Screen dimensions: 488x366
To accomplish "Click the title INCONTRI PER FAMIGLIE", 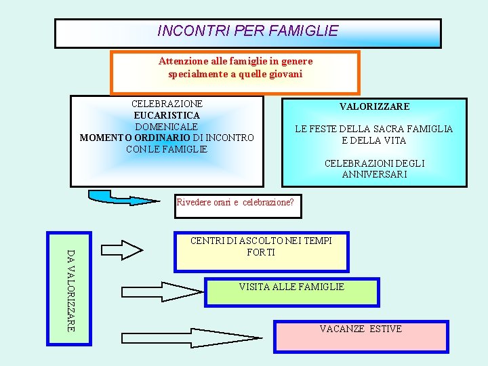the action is click(x=247, y=31).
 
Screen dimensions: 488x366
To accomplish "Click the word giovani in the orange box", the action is click(x=284, y=74).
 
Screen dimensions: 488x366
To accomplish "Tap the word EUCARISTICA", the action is click(x=167, y=116).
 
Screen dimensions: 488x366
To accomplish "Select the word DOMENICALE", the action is click(x=167, y=127).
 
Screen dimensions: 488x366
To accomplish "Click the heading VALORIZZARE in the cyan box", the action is click(x=374, y=106).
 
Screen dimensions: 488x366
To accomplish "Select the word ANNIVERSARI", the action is click(x=375, y=174).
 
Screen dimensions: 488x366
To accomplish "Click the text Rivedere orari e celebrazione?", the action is click(x=235, y=202).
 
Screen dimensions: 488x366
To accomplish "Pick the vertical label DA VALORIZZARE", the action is click(x=70, y=290).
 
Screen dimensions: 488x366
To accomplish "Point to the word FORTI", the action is click(x=261, y=252).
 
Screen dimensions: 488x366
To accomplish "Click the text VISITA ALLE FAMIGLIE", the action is click(x=291, y=287).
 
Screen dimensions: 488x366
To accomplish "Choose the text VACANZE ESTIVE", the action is click(x=361, y=329).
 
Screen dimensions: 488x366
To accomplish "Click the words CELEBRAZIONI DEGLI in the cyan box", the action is click(x=374, y=163).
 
